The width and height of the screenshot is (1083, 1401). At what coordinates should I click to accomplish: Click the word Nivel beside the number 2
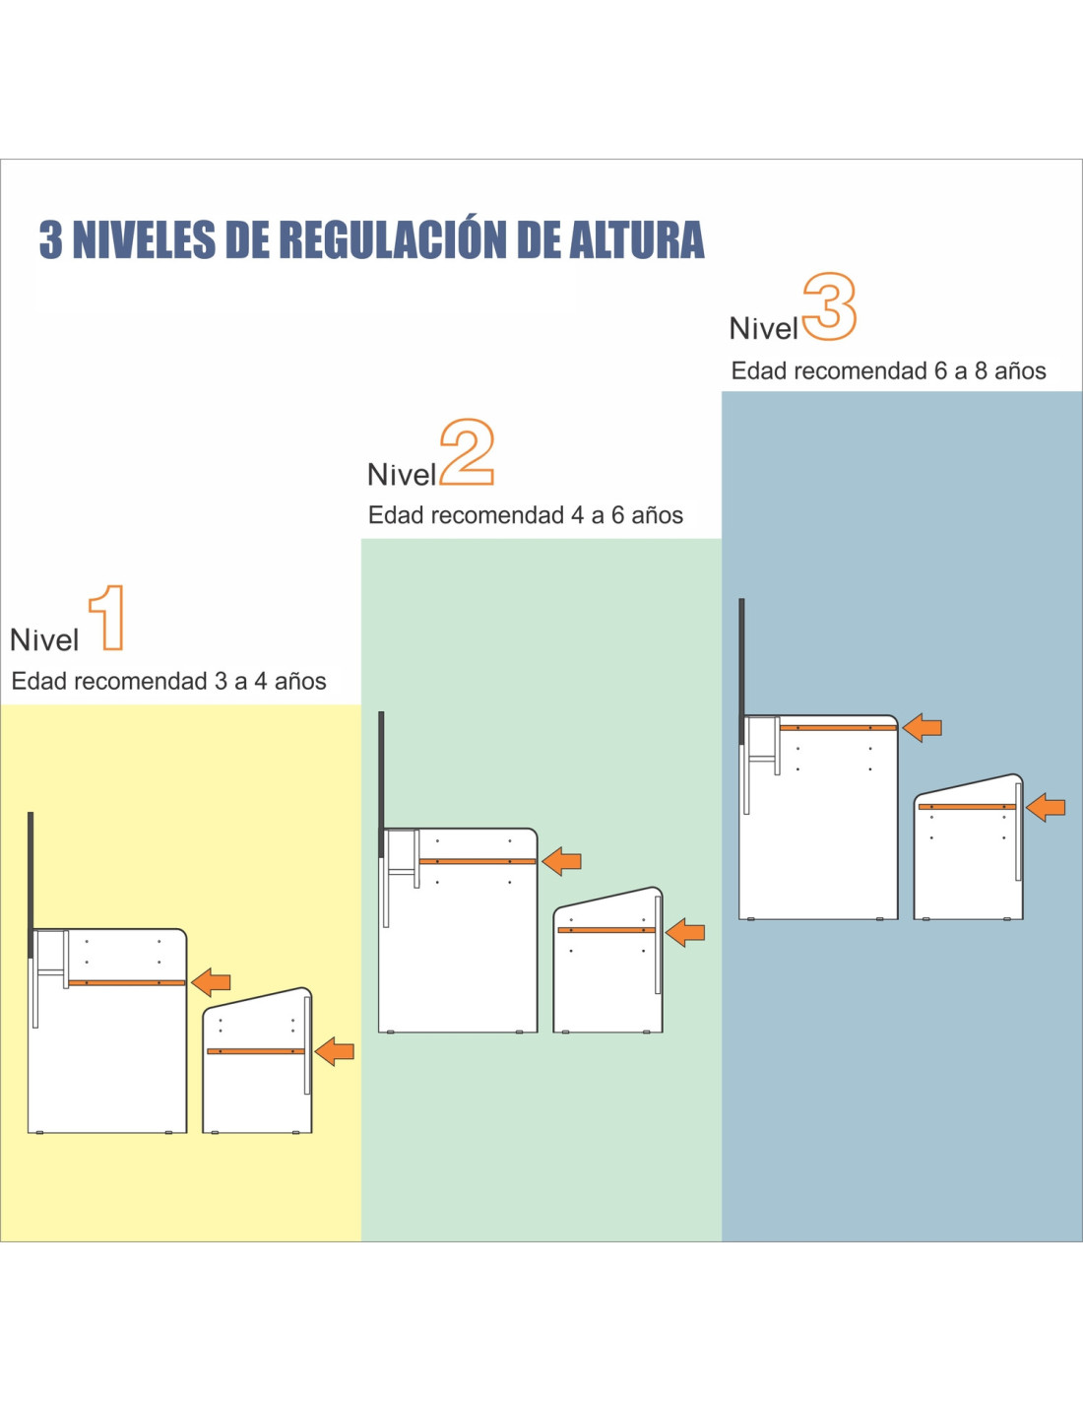click(402, 475)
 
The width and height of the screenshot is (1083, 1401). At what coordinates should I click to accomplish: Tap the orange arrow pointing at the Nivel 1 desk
click(212, 982)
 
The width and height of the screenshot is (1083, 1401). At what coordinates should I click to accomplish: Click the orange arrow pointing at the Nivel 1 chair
click(335, 1051)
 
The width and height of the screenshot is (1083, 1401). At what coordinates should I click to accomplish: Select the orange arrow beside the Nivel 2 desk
click(562, 861)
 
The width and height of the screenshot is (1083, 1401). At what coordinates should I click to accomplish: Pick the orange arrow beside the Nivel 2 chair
click(685, 932)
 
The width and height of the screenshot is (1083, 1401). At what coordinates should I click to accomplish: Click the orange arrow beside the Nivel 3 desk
click(922, 728)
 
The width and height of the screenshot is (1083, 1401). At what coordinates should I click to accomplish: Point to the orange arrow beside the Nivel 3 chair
click(1046, 807)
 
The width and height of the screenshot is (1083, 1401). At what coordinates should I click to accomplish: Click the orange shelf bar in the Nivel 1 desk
click(127, 982)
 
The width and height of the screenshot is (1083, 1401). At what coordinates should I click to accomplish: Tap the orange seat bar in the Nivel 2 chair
click(606, 930)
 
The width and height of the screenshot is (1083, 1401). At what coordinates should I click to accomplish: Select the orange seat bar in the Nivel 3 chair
click(967, 807)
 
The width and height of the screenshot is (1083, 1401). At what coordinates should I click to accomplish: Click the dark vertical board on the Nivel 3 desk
click(741, 671)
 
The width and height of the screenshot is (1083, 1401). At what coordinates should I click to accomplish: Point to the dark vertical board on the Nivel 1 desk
click(31, 885)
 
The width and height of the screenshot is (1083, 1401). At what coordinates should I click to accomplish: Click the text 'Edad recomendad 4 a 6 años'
click(526, 516)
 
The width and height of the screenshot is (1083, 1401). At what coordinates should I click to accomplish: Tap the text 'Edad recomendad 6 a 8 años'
click(888, 371)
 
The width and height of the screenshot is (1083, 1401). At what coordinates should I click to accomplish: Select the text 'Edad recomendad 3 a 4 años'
click(168, 682)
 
